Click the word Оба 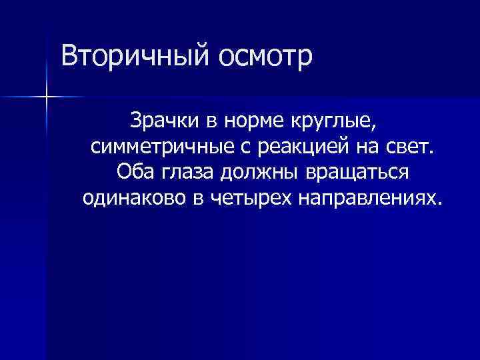tap(133, 172)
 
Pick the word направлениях tap(364, 198)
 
